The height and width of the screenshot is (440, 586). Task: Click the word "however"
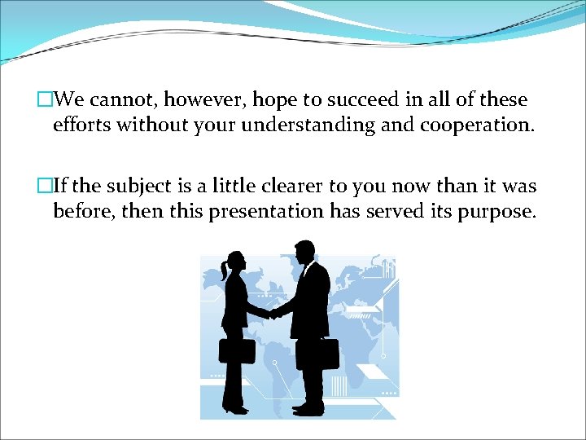203,100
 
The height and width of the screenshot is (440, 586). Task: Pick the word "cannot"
121,100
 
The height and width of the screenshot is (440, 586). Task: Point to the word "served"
389,212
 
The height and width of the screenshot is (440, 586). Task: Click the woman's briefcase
236,350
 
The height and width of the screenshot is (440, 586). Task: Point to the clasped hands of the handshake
274,312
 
